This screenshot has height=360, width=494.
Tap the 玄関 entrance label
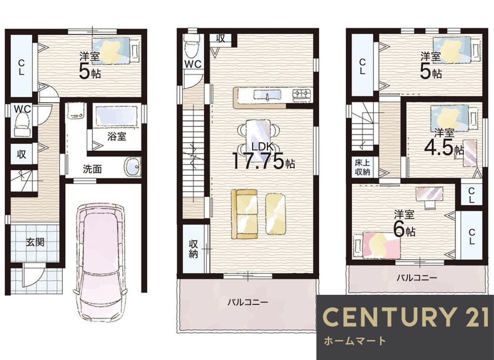35,242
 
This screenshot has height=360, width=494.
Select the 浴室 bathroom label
117,136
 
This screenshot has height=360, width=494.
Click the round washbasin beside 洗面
132,166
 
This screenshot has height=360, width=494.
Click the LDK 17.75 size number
258,161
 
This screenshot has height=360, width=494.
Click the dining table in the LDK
258,135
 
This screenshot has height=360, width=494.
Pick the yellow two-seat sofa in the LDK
245,214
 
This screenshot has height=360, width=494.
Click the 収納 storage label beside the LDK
193,249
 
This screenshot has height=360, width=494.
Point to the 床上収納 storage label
362,167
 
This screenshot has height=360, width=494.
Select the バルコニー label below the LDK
248,302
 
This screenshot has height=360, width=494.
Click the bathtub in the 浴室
117,116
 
